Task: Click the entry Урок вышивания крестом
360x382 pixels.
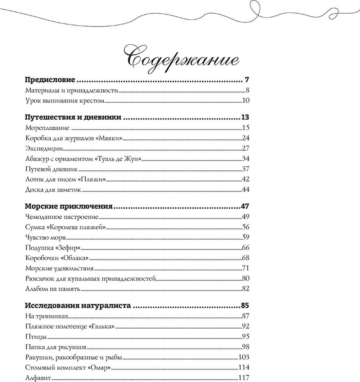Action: (65, 101)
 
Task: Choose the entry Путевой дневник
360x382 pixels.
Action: (52, 169)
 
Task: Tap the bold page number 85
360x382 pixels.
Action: (245, 306)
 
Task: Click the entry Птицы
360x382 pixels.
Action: (35, 337)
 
